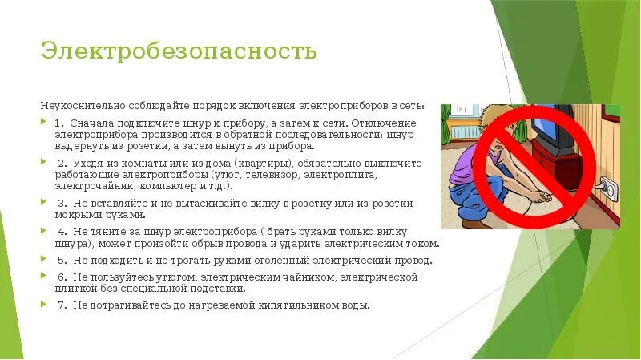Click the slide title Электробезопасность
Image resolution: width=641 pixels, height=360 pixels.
pos(179,51)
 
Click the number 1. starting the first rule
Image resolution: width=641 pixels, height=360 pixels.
pos(60,123)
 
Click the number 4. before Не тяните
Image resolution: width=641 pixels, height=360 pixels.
pos(61,232)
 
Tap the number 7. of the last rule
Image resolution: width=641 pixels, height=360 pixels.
pos(61,305)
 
